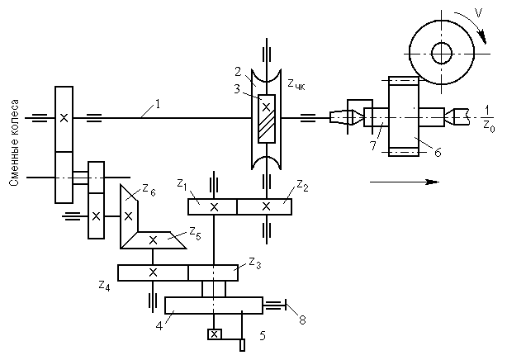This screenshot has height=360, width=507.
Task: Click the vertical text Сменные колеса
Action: click(x=14, y=143)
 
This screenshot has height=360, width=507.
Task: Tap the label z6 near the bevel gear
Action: click(x=149, y=190)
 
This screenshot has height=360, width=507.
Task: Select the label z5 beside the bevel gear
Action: click(x=195, y=234)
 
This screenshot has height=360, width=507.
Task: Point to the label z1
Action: click(x=182, y=185)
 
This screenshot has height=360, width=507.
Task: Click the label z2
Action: click(x=302, y=186)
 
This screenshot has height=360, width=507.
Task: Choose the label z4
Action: click(x=104, y=286)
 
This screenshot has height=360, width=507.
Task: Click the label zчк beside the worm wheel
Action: click(x=296, y=85)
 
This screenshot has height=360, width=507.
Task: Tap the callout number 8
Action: click(x=302, y=320)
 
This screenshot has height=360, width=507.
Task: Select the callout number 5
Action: click(x=263, y=336)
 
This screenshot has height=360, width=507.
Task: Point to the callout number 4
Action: click(x=159, y=326)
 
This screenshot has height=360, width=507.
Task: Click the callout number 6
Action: click(x=438, y=153)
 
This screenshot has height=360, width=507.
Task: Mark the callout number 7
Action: click(x=373, y=145)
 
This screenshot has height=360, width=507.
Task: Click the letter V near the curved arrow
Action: click(x=479, y=13)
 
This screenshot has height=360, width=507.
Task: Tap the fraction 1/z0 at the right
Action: click(x=489, y=119)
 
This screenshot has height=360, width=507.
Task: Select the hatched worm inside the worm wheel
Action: click(x=267, y=119)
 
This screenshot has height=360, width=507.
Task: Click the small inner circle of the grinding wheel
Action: click(x=442, y=54)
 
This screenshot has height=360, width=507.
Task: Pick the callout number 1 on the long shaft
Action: click(x=158, y=105)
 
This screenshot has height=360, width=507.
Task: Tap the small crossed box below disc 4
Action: click(x=215, y=334)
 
